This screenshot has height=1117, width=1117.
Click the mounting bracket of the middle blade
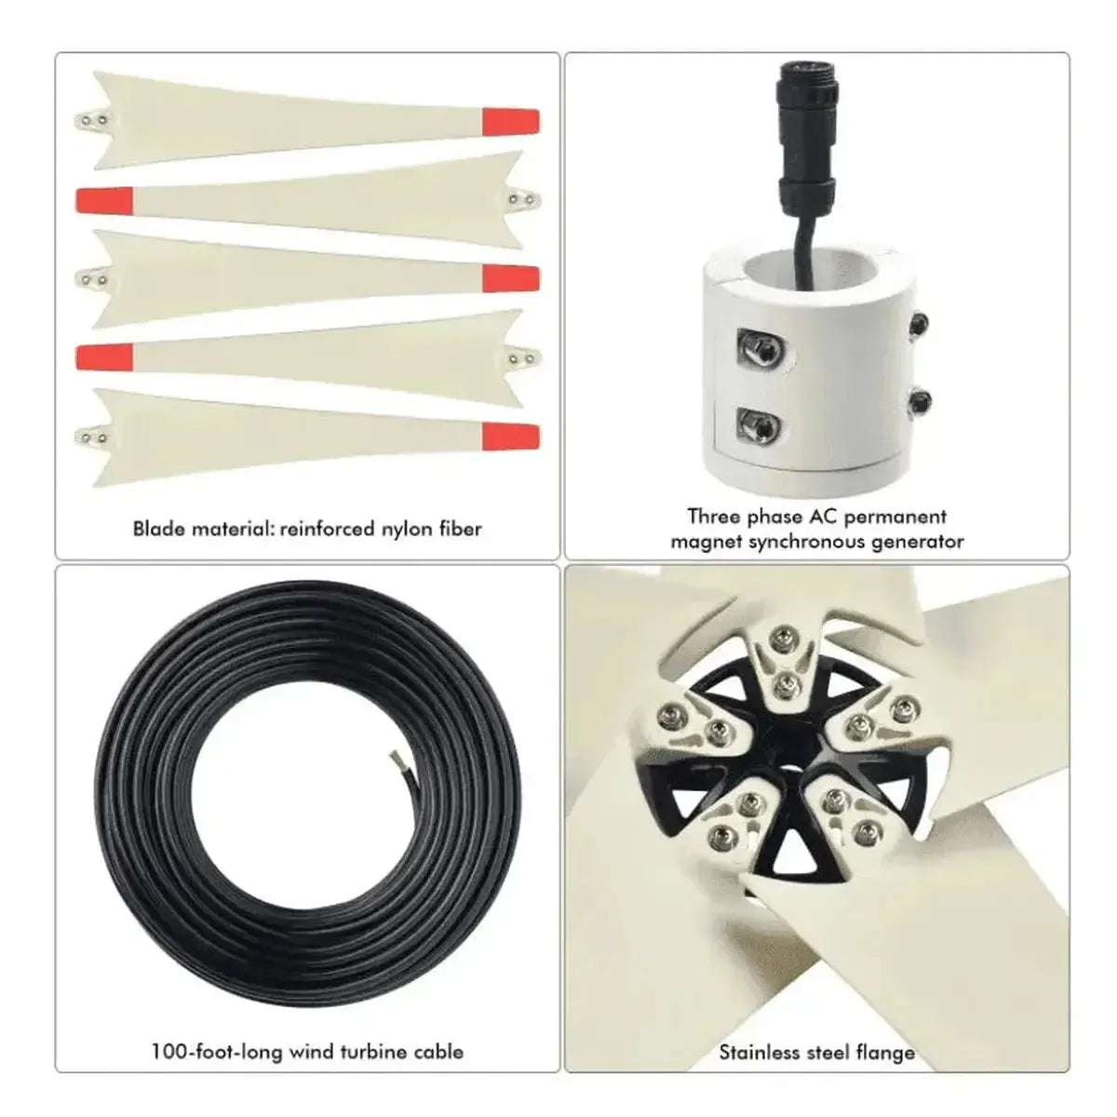(x=91, y=277)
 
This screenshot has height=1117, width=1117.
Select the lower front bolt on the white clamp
(x=759, y=426)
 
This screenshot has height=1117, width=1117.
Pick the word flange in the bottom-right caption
(x=884, y=1053)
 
